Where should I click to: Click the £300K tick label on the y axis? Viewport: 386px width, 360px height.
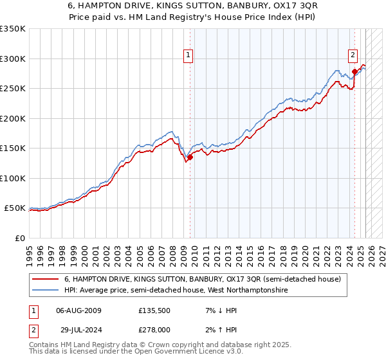click(13, 59)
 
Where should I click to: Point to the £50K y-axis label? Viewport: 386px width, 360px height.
click(15, 208)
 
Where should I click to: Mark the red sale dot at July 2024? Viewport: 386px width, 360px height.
click(354, 71)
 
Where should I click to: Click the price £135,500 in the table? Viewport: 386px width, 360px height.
click(154, 310)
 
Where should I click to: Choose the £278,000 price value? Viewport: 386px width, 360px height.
click(154, 329)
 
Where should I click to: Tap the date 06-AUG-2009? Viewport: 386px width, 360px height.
click(78, 310)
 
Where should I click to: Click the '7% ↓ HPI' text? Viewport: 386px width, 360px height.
click(215, 310)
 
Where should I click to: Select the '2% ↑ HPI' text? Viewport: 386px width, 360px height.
click(215, 329)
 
